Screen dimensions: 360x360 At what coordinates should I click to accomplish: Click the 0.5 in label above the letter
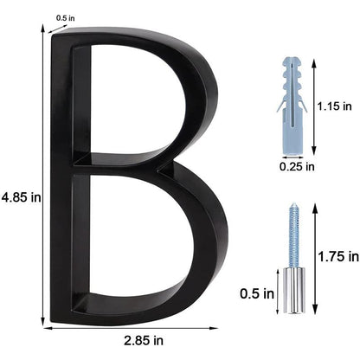[x=66, y=17]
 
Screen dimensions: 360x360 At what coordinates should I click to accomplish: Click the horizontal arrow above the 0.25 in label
[x=296, y=148]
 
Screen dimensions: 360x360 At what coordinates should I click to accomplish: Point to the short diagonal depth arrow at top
[x=58, y=26]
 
